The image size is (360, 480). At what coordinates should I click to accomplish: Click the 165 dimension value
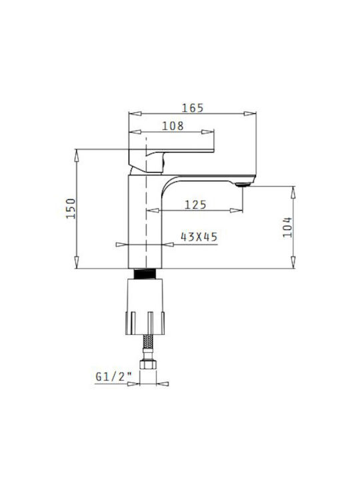pyautogui.click(x=193, y=108)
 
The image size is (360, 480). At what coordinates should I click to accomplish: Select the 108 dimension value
pyautogui.click(x=173, y=126)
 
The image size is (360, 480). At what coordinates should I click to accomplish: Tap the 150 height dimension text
pyautogui.click(x=71, y=209)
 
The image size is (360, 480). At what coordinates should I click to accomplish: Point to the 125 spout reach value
pyautogui.click(x=195, y=205)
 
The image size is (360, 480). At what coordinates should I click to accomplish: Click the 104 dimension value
pyautogui.click(x=287, y=227)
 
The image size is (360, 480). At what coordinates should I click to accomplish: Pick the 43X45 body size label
pyautogui.click(x=199, y=237)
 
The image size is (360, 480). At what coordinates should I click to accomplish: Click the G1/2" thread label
pyautogui.click(x=113, y=377)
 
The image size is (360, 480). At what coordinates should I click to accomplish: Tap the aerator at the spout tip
pyautogui.click(x=244, y=185)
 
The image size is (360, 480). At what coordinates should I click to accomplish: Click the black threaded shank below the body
pyautogui.click(x=145, y=274)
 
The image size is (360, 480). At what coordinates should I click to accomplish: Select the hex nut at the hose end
pyautogui.click(x=148, y=364)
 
